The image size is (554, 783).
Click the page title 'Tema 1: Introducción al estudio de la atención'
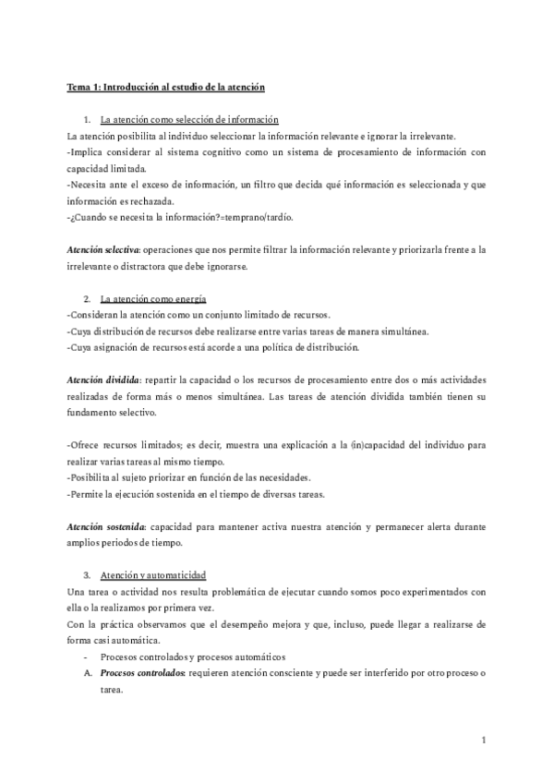pyautogui.click(x=166, y=87)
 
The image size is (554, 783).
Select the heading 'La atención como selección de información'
pyautogui.click(x=189, y=121)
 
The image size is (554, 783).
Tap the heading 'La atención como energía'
pyautogui.click(x=153, y=300)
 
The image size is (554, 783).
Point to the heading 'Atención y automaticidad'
pyautogui.click(x=153, y=573)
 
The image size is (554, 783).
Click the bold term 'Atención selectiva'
pyautogui.click(x=102, y=250)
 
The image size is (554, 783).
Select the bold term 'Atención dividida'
pyautogui.click(x=102, y=379)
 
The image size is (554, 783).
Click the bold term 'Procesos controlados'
pyautogui.click(x=141, y=672)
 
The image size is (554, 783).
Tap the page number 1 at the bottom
pyautogui.click(x=484, y=740)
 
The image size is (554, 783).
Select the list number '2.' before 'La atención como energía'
pyautogui.click(x=86, y=300)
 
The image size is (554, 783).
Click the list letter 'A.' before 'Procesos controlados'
pyautogui.click(x=87, y=672)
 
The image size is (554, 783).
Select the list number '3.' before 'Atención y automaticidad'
pyautogui.click(x=86, y=573)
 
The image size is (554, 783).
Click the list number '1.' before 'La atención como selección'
pyautogui.click(x=86, y=121)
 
